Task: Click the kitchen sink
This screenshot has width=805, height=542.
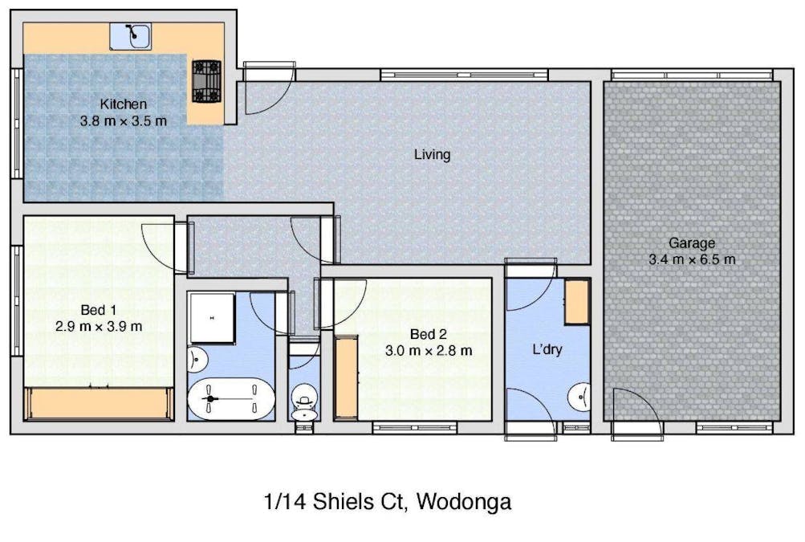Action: click(x=130, y=36)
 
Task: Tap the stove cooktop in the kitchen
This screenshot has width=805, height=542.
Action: click(x=206, y=81)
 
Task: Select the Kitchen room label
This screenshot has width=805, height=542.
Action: click(x=124, y=104)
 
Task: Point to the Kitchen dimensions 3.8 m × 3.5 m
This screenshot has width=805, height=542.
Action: click(x=124, y=121)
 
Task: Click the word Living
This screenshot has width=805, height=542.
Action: click(x=433, y=154)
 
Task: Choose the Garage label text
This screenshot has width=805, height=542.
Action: click(x=692, y=243)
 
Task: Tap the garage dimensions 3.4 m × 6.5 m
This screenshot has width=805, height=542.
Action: click(x=692, y=259)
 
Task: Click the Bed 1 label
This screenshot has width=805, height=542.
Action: click(x=98, y=310)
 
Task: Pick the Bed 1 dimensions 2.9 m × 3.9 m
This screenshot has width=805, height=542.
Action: click(x=99, y=326)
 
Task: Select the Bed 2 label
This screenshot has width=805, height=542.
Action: click(x=428, y=335)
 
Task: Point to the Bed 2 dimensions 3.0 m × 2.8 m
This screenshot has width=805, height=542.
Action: click(x=428, y=351)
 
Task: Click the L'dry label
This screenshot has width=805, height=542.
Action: click(x=547, y=350)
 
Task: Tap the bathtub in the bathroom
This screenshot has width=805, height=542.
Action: click(x=231, y=398)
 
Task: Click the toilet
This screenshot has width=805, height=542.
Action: click(x=304, y=401)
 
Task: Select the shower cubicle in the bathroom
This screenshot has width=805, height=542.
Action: click(x=212, y=318)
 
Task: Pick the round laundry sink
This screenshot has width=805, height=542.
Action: click(x=579, y=397)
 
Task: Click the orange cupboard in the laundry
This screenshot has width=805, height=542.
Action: click(x=576, y=302)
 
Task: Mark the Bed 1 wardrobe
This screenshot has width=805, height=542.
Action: click(x=99, y=404)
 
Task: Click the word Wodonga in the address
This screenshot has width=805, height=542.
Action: click(x=464, y=501)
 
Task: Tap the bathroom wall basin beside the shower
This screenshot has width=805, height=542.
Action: click(x=196, y=359)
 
